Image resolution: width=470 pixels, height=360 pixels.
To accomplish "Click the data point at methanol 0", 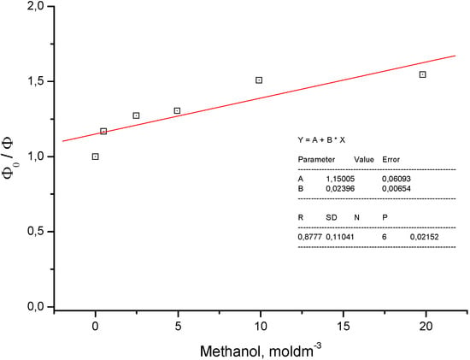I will [x=95, y=156].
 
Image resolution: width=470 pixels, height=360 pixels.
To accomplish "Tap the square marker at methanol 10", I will [x=259, y=80].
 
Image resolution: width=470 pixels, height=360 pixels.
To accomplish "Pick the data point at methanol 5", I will [x=177, y=110].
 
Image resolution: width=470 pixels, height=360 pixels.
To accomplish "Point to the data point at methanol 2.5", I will [x=136, y=115].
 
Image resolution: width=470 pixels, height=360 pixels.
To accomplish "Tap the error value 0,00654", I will [x=398, y=187].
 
